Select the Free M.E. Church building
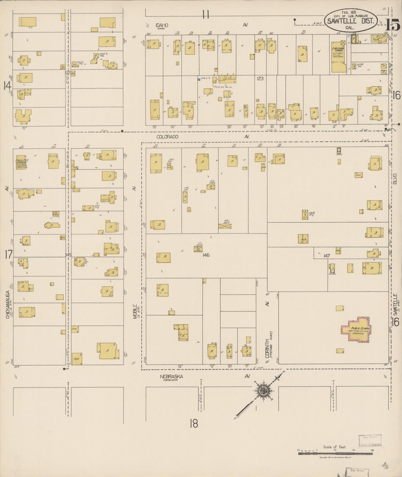coord(21,162)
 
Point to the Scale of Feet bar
coord(336,453)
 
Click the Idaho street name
coord(162,25)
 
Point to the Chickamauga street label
coord(8,304)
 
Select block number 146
coord(206,255)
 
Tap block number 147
coord(327,255)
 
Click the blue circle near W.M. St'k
coord(199,80)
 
